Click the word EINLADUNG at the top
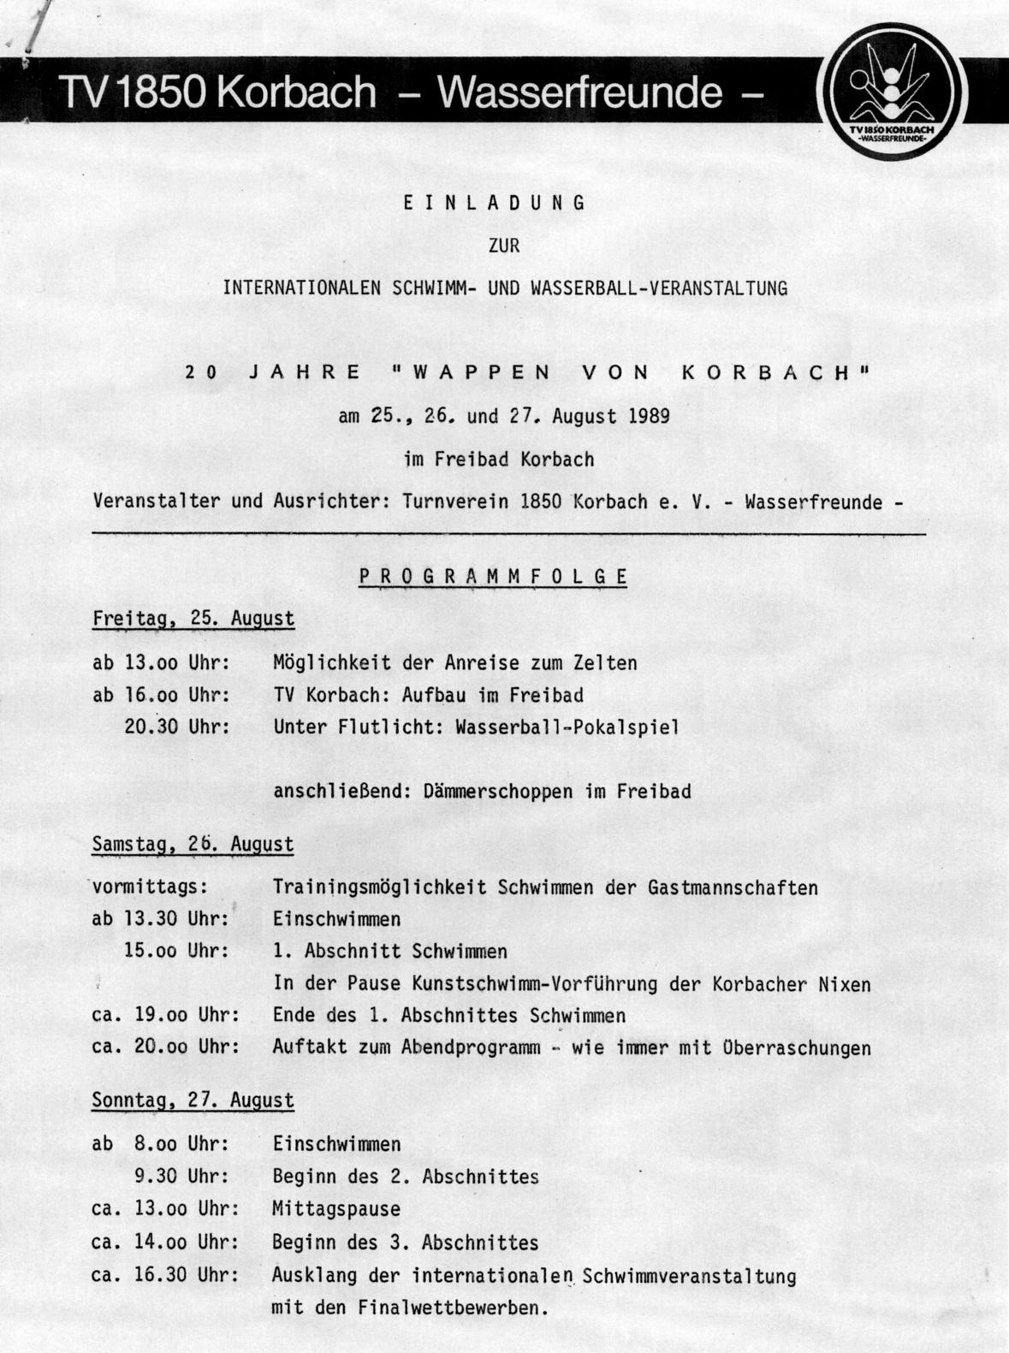[x=494, y=203]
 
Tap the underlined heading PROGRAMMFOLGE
[x=493, y=577]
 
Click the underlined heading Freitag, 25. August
[x=193, y=619]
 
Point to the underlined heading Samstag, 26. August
[x=193, y=844]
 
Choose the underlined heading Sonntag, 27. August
[x=193, y=1101]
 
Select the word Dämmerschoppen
[x=497, y=792]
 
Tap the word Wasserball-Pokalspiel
[x=567, y=727]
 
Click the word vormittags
[x=150, y=887]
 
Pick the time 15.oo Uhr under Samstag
[x=177, y=952]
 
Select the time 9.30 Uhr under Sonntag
[x=181, y=1177]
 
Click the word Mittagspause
[x=336, y=1209]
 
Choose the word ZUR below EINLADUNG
[x=504, y=246]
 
